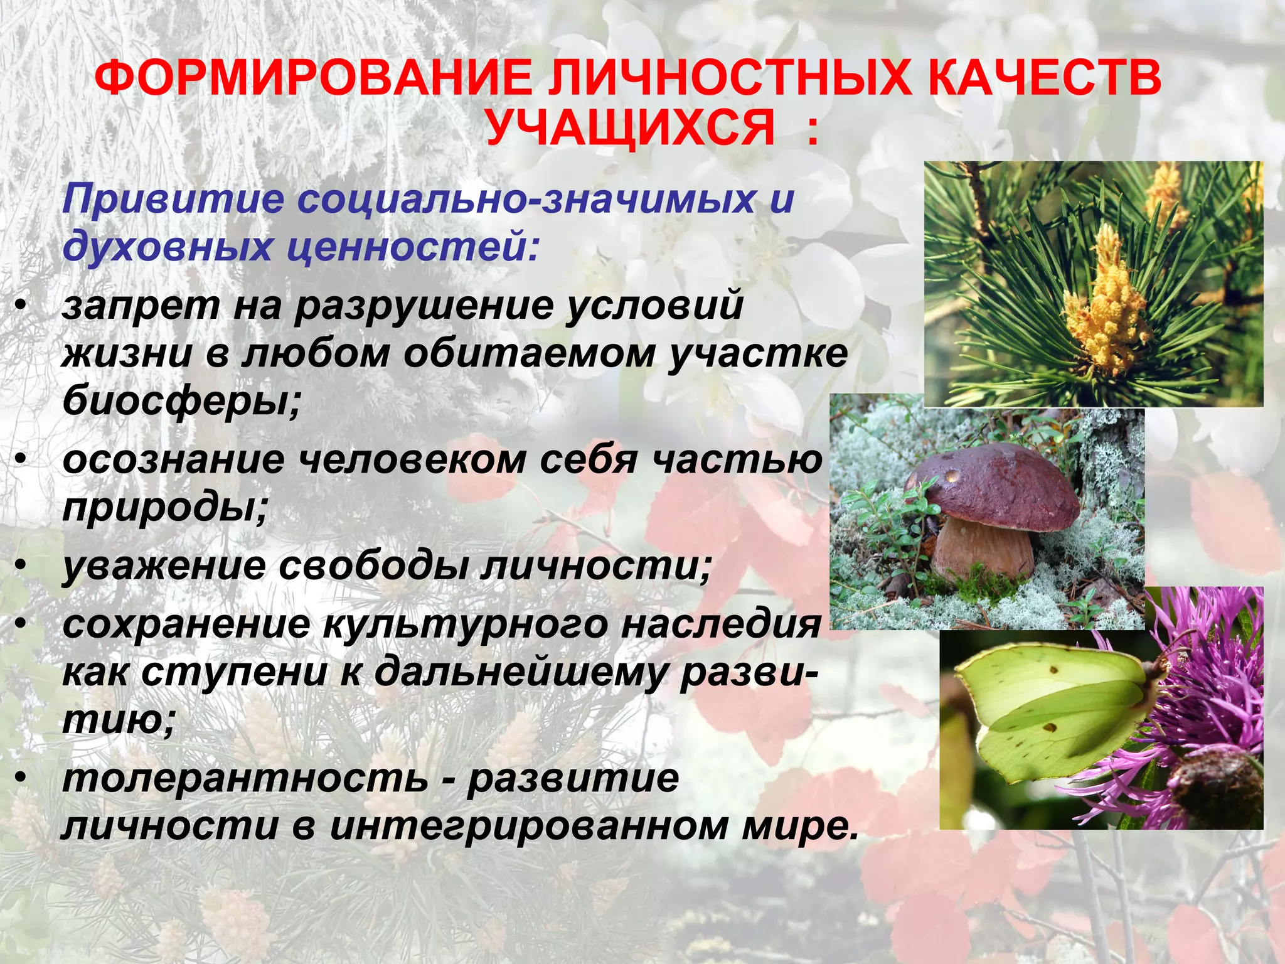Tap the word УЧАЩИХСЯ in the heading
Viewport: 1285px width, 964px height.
pos(630,127)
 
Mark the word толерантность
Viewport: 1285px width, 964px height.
pos(245,779)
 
